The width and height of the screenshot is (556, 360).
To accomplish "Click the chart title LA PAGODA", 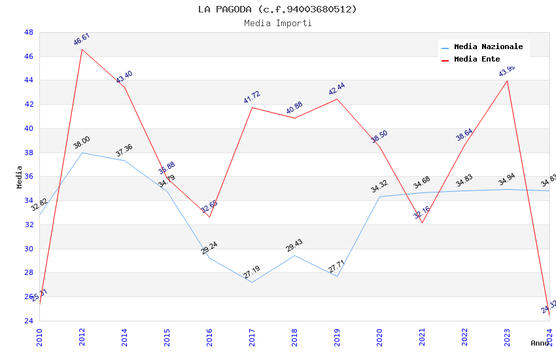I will (277, 9).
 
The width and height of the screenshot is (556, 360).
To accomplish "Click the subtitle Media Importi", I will (277, 23).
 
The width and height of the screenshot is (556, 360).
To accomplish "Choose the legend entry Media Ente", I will (477, 59).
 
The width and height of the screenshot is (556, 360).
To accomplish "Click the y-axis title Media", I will (20, 177).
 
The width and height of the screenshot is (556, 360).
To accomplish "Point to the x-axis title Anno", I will (540, 343).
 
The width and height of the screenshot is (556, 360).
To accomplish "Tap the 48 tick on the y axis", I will (29, 32).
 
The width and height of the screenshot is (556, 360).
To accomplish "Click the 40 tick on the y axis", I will (29, 128).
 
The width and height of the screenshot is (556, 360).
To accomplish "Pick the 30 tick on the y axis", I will (29, 249).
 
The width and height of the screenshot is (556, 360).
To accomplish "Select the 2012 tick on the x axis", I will (82, 338).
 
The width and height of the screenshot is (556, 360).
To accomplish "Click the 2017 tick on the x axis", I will (252, 338).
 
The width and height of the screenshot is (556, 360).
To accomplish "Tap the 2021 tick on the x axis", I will (423, 338).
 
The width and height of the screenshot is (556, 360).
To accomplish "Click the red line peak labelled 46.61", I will (82, 49).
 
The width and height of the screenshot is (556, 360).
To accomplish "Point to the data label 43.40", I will (124, 77).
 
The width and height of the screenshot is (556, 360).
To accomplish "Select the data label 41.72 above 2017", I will (252, 98).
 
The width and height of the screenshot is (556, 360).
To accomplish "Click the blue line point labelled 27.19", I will (252, 282).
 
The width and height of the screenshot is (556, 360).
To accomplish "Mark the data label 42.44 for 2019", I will (337, 89).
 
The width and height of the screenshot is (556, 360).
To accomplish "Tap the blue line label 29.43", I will (294, 245).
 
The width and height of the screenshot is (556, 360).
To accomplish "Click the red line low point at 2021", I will (422, 223).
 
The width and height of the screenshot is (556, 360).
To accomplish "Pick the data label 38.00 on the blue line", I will (82, 143).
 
